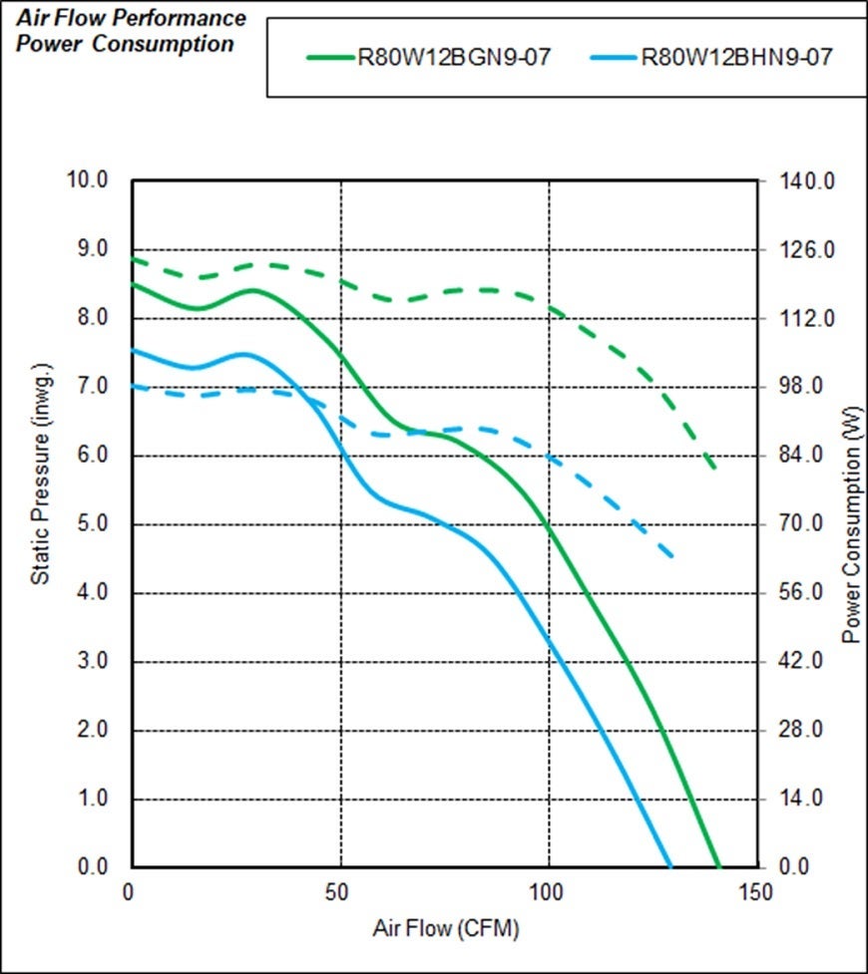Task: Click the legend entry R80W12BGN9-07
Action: (454, 56)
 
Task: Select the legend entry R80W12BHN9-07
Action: (736, 56)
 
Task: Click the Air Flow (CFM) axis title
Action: (446, 929)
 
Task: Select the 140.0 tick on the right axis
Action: (799, 181)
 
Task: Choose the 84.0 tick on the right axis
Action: (799, 456)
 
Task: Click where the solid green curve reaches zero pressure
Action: (718, 866)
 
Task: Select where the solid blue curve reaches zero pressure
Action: (670, 866)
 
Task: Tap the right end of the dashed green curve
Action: (714, 469)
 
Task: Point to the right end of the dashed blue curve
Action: (675, 556)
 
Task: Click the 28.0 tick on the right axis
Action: (799, 730)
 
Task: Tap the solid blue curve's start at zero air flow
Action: (134, 350)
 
